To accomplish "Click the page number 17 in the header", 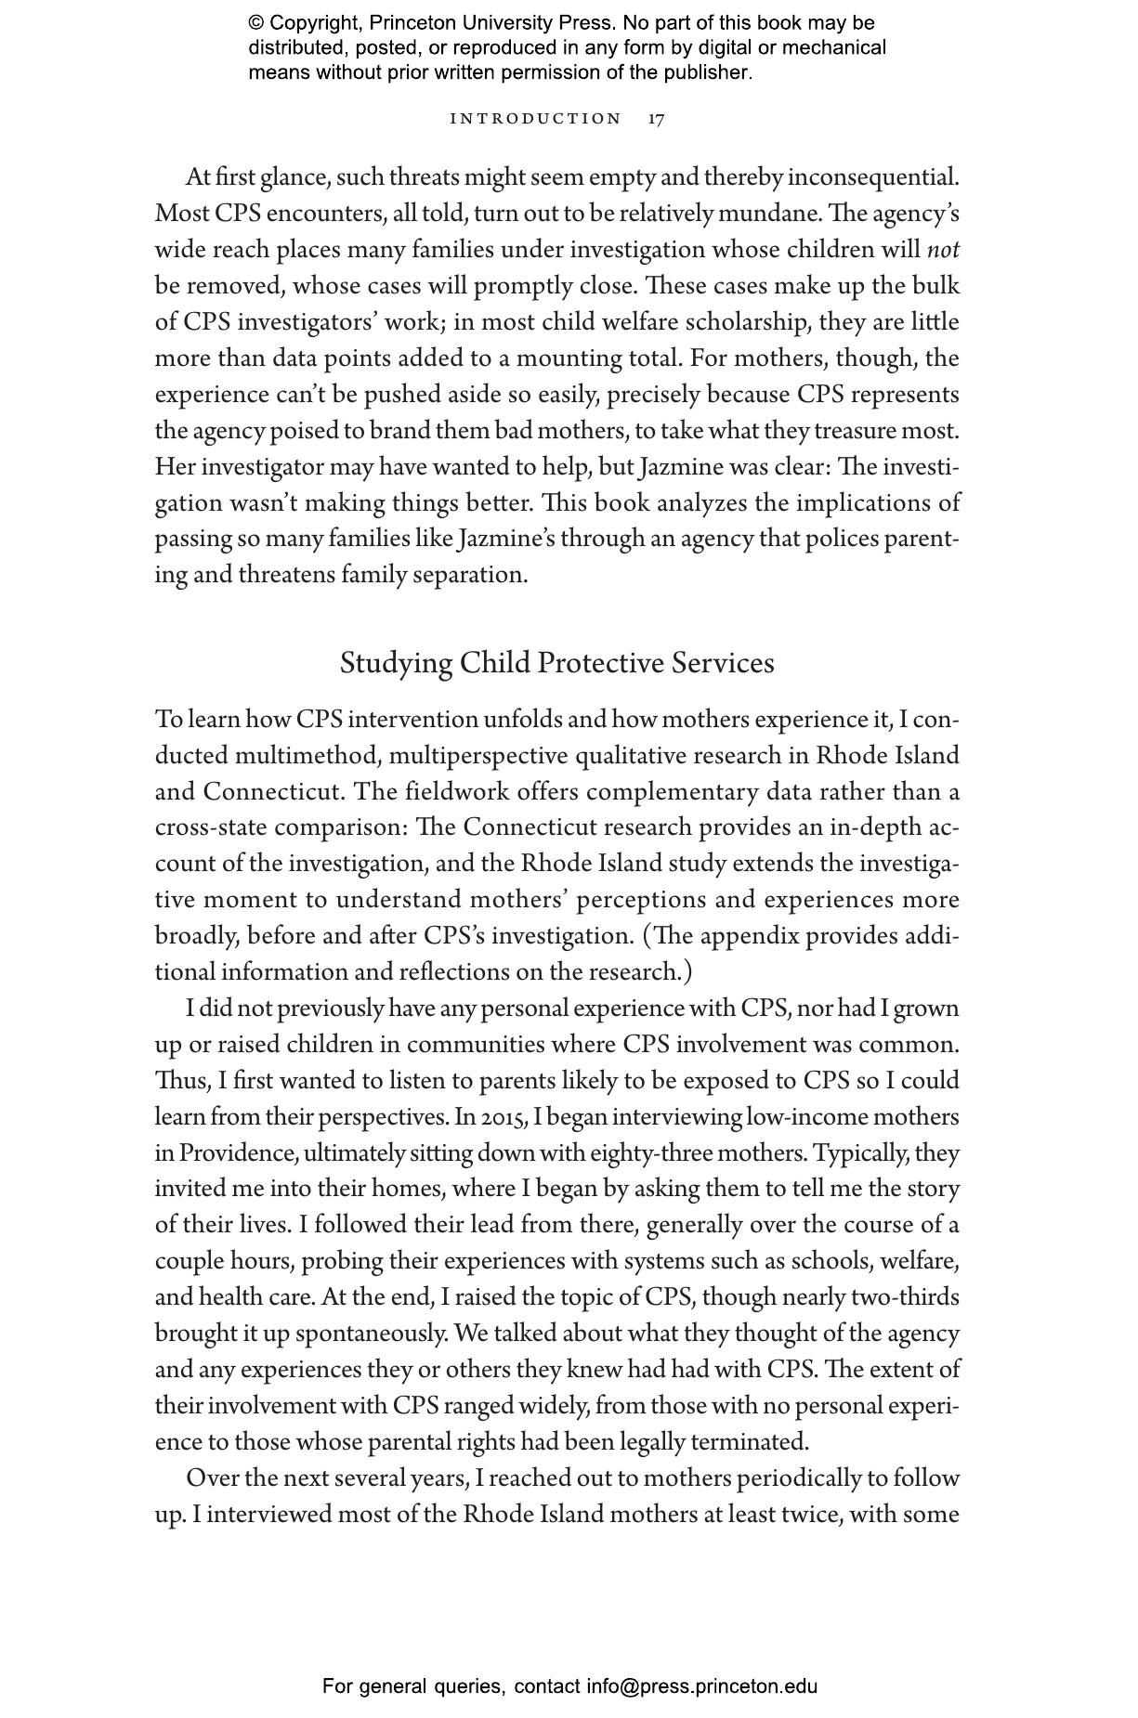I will (656, 119).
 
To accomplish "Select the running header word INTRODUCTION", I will (535, 119).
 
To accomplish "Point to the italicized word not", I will (943, 250).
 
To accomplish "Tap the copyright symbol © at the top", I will (256, 23).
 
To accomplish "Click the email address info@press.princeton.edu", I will (701, 1686).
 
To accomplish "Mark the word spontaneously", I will (372, 1334).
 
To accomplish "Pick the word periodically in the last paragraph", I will (824, 1478).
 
